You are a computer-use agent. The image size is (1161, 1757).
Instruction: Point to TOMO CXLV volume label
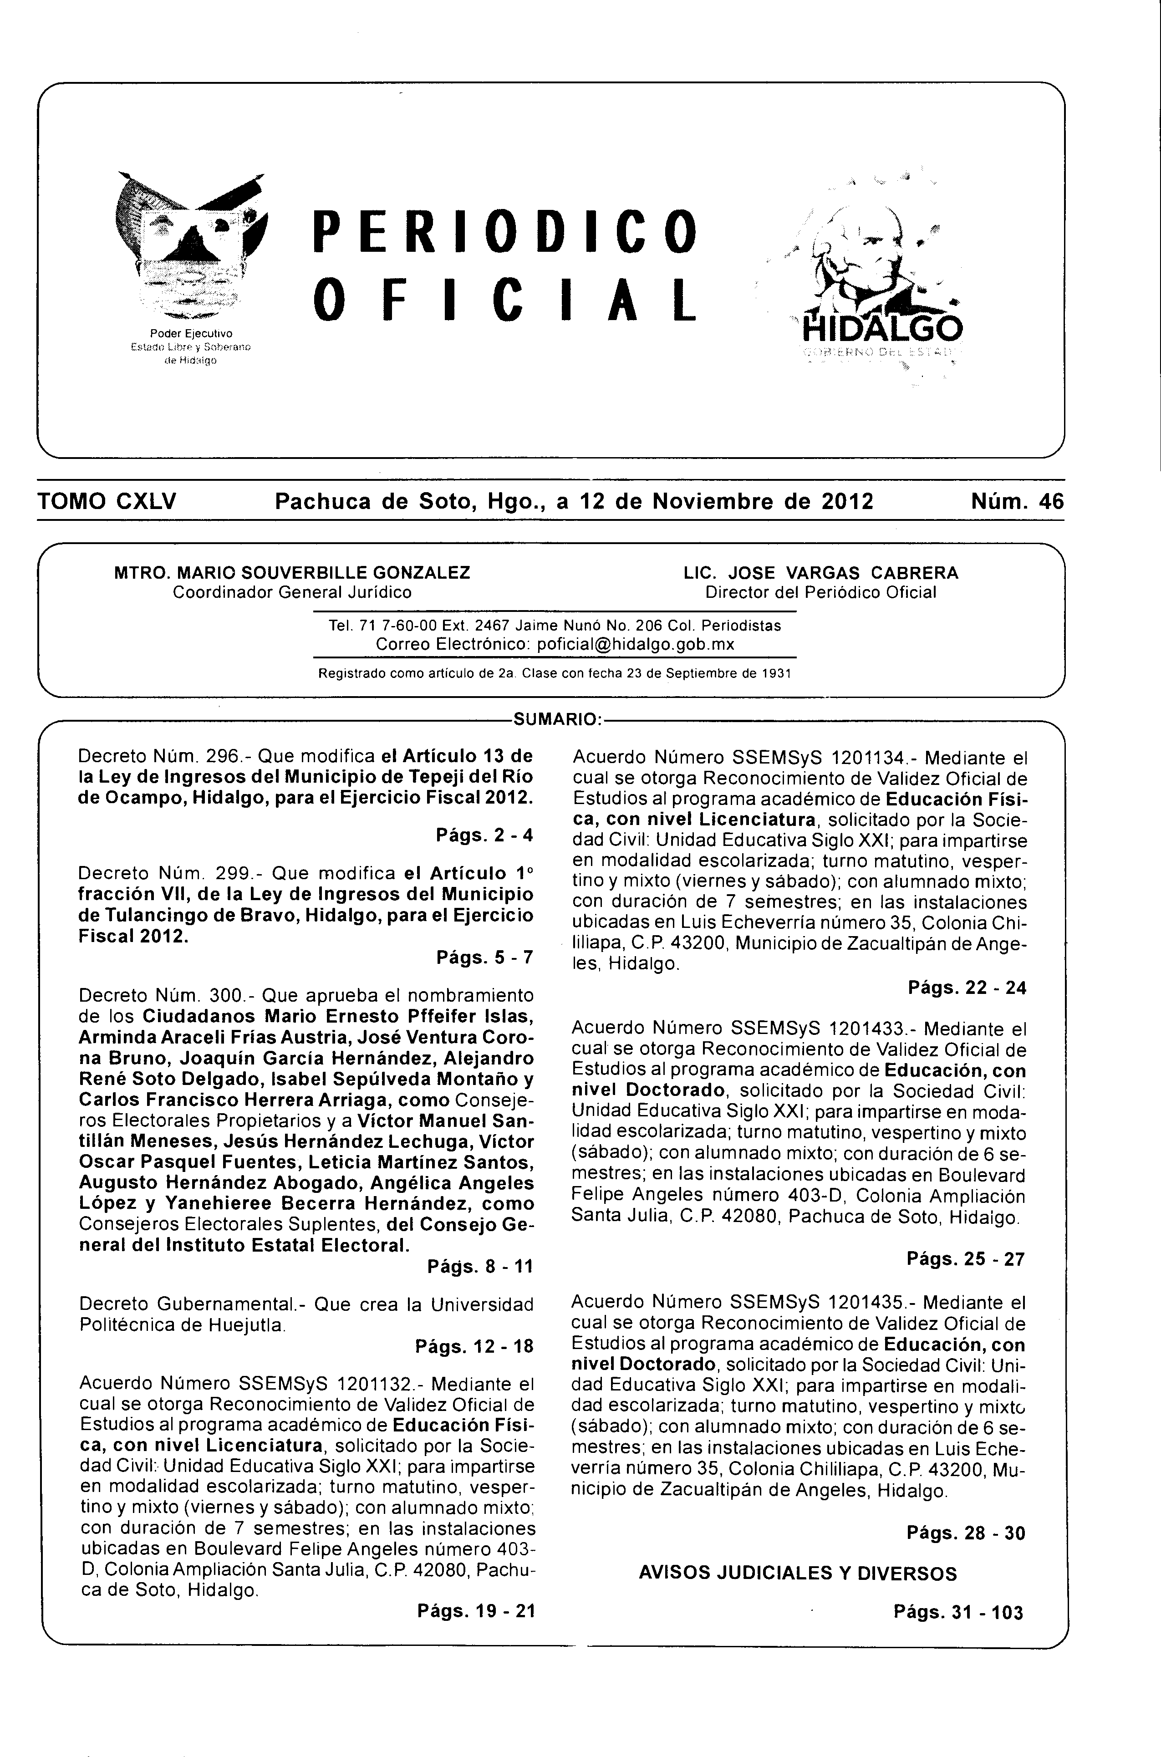[107, 502]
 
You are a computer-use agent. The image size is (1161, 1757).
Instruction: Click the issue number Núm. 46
[1017, 502]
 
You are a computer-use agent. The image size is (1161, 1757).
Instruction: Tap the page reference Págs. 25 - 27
[966, 1259]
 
